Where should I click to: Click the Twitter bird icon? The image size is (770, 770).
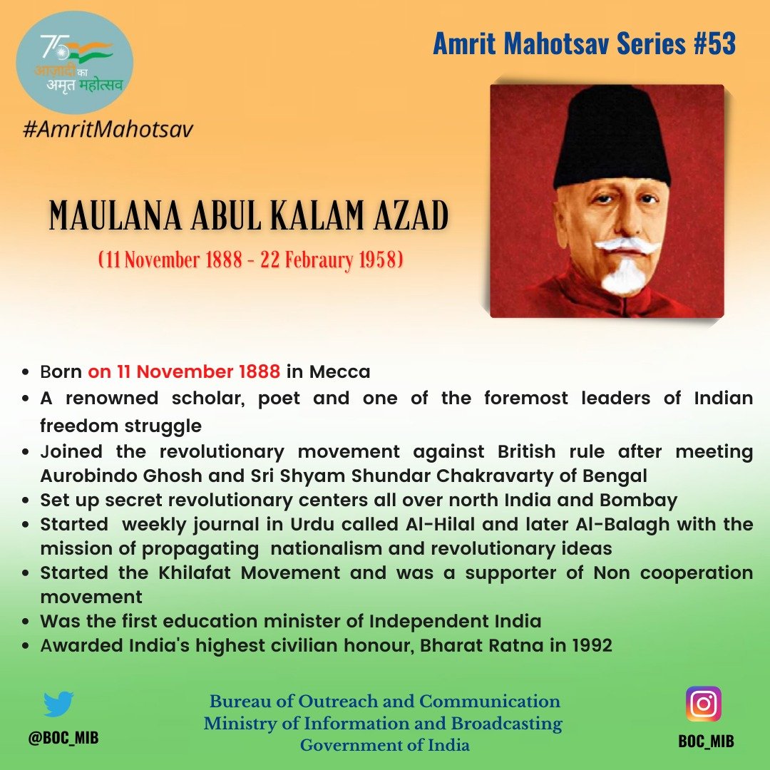[x=58, y=704]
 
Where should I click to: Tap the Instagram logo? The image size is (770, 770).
[x=703, y=704]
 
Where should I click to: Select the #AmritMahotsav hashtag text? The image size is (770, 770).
[x=108, y=130]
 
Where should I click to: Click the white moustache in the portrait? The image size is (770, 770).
[x=627, y=246]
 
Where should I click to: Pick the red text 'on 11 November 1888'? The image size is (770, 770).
[x=184, y=372]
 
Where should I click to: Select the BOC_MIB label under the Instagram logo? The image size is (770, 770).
[x=706, y=741]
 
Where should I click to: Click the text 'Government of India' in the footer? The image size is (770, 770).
[x=384, y=746]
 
